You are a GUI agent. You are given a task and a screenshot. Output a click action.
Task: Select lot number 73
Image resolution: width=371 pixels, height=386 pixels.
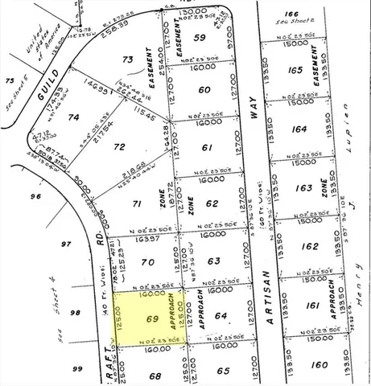pos(127,60)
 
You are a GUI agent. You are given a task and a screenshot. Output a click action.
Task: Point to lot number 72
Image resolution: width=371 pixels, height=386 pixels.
pos(120,147)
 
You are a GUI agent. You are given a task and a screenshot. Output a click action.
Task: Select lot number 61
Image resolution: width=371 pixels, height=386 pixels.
pos(207,147)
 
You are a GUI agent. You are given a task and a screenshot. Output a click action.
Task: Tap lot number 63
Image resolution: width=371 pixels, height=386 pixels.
pos(212,261)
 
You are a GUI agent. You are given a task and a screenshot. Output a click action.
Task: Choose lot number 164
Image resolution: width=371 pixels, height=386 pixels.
pos(299,129)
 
